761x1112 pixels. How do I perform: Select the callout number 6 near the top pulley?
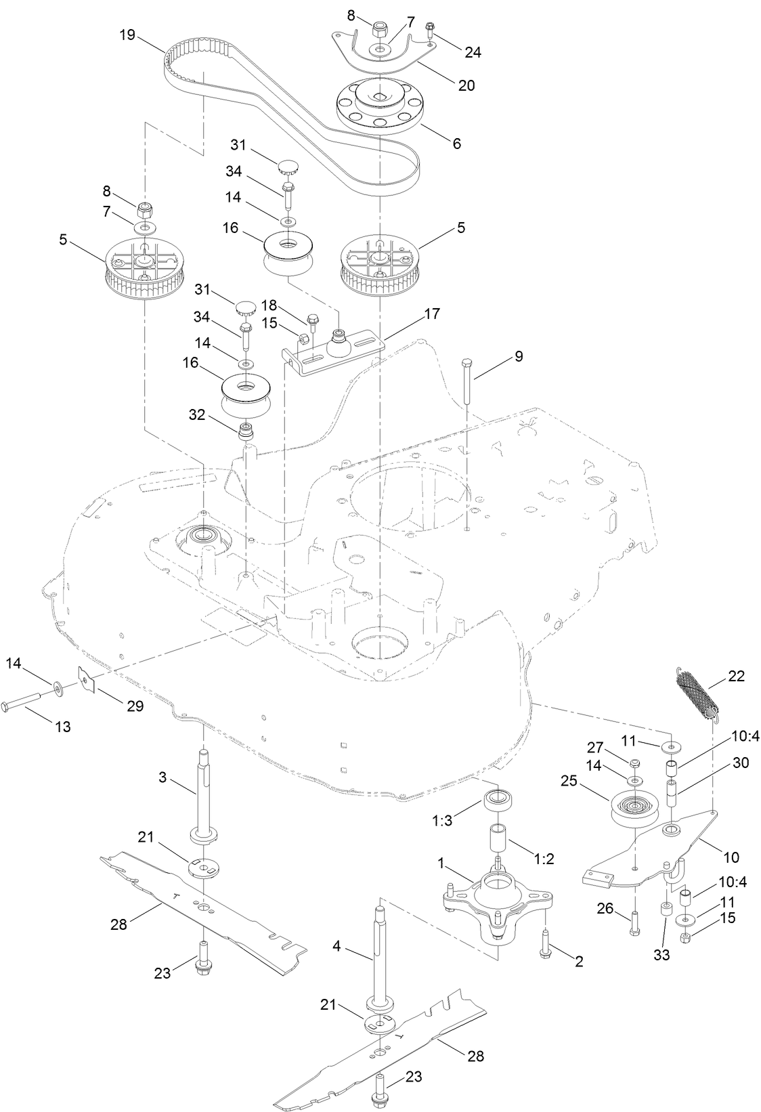[456, 144]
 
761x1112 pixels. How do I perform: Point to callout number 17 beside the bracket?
[432, 314]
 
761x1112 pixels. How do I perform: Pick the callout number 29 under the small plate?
[135, 706]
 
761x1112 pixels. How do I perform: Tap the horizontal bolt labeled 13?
[27, 706]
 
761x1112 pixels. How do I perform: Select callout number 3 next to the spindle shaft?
[162, 777]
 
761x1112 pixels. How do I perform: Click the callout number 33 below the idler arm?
[661, 955]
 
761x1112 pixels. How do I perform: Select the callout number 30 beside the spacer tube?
[741, 763]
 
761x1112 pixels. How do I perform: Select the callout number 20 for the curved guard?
[466, 85]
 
